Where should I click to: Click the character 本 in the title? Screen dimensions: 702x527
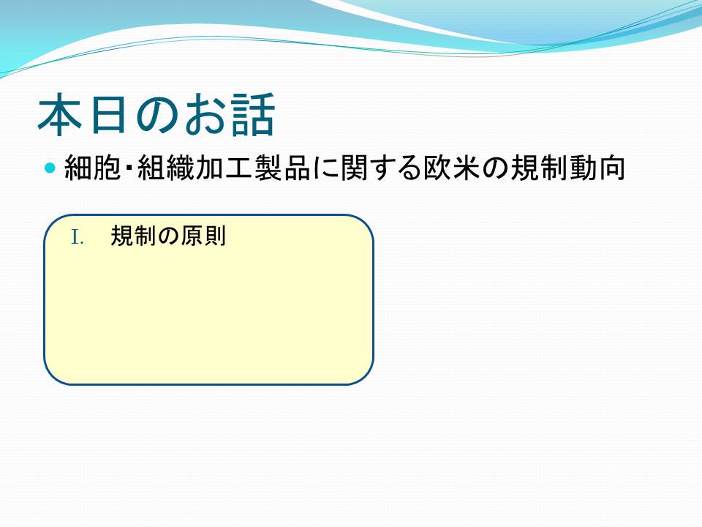point(59,114)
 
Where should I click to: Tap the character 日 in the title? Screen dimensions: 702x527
point(107,114)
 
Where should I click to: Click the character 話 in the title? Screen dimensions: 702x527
point(252,114)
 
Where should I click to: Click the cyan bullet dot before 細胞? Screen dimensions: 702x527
point(50,168)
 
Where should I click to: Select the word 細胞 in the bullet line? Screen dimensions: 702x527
point(93,168)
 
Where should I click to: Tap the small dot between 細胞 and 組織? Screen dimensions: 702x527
point(129,168)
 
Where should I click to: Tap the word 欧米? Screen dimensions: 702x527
point(451,168)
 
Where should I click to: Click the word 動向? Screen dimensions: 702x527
point(597,168)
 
